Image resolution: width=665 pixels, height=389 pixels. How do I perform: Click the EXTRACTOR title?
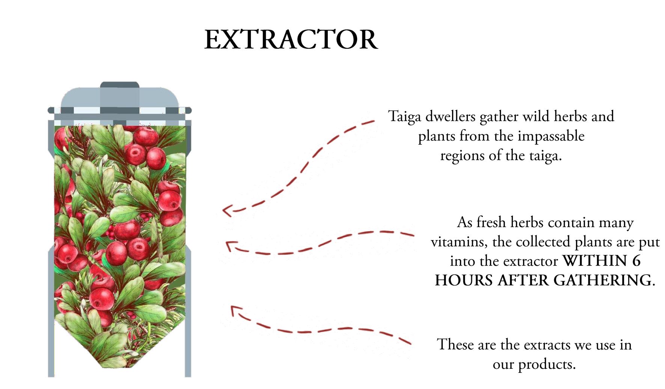[291, 39]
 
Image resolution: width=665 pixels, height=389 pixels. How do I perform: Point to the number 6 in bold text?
[636, 261]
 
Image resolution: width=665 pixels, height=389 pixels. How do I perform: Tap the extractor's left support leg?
[51, 311]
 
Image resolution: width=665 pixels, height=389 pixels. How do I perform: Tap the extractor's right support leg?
[188, 311]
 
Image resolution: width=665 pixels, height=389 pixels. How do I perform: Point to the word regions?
[462, 156]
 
